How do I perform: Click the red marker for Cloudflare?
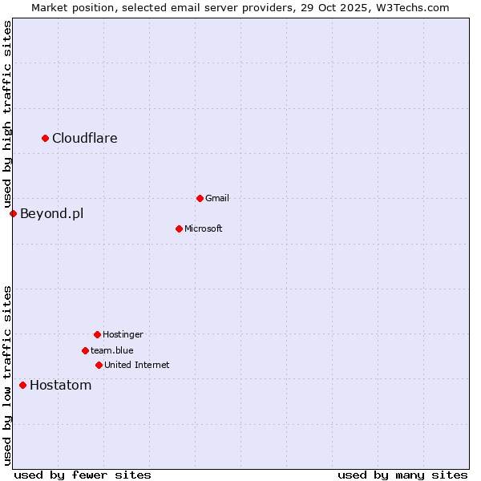pos(46,139)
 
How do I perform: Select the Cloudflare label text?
pos(85,139)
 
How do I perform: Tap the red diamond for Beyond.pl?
pos(13,213)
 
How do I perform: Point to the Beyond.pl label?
pos(51,214)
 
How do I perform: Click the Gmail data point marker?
pos(200,198)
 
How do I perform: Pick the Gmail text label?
pos(217,199)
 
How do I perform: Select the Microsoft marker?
pos(179,228)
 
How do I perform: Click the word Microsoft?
pos(204,229)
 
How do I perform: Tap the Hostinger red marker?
pos(97,334)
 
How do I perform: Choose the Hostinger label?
pos(123,335)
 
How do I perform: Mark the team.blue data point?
pos(85,350)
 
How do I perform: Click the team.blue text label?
pos(112,351)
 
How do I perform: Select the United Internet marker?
pos(99,365)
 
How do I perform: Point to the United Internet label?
pos(137,366)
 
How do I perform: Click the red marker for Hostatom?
pos(22,386)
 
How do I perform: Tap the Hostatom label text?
pos(61,386)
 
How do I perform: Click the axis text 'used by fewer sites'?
pos(83,475)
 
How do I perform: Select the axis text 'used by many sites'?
pos(402,475)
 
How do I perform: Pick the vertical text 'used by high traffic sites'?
pos(8,115)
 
